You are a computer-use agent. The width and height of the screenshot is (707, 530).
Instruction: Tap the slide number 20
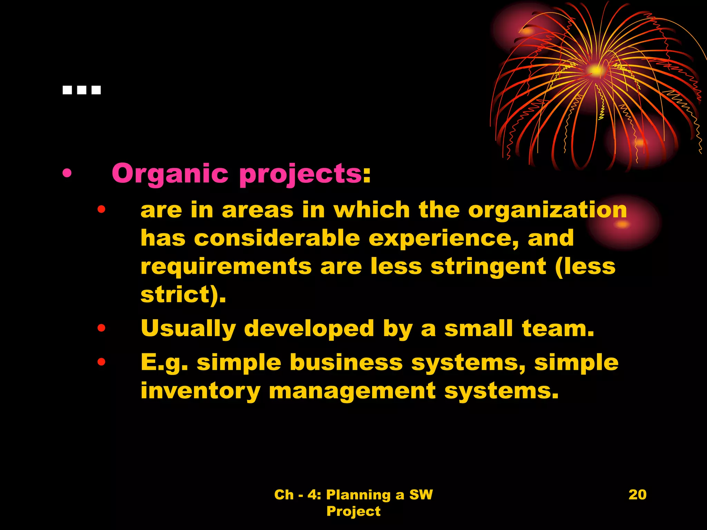pyautogui.click(x=637, y=494)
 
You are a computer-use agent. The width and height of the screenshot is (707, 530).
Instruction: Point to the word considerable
pyautogui.click(x=277, y=238)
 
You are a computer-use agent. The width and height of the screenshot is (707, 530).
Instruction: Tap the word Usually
pyautogui.click(x=188, y=328)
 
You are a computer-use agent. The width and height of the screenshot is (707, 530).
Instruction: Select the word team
pyautogui.click(x=558, y=328)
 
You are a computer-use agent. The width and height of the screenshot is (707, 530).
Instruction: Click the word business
pyautogui.click(x=346, y=363)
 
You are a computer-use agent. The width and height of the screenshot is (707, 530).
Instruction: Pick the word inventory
pyautogui.click(x=201, y=391)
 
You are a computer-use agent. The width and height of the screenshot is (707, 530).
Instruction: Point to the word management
pyautogui.click(x=352, y=391)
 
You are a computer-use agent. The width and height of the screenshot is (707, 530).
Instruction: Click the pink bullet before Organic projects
pyautogui.click(x=67, y=174)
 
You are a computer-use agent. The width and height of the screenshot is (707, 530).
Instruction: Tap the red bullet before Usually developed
pyautogui.click(x=101, y=328)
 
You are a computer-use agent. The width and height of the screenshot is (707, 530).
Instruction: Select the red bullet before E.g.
pyautogui.click(x=101, y=362)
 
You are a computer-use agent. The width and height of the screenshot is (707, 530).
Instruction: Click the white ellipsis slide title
pyautogui.click(x=82, y=90)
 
